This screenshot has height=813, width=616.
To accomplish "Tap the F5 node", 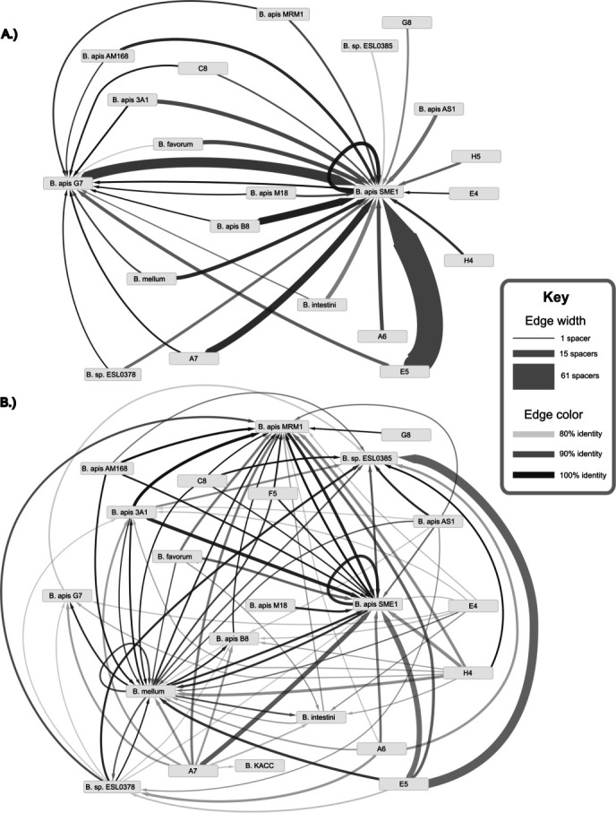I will [x=265, y=494].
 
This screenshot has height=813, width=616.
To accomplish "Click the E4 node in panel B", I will [x=472, y=607].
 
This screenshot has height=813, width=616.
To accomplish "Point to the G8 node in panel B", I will [x=405, y=435].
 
